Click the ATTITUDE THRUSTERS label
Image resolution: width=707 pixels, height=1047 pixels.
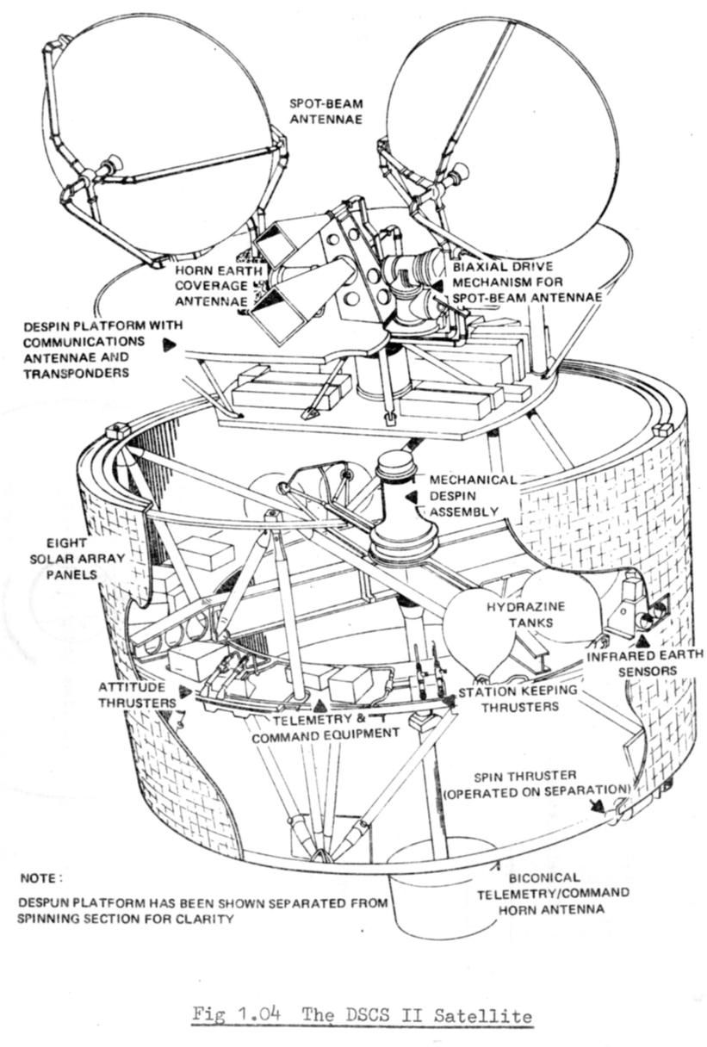click(x=138, y=695)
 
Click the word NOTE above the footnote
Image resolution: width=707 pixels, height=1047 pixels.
click(x=40, y=878)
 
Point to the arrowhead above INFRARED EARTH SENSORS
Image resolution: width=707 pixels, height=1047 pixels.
click(x=643, y=640)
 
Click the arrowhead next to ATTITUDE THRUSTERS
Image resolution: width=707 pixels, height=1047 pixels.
click(x=184, y=691)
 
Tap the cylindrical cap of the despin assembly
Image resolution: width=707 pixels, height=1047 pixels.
click(x=395, y=467)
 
